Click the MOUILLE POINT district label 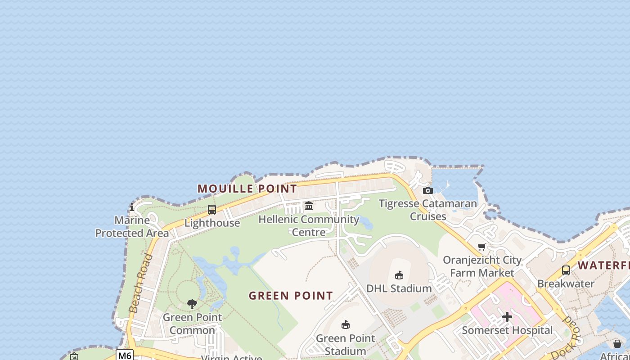(x=247, y=189)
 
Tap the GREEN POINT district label (x=291, y=296)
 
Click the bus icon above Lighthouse (x=212, y=210)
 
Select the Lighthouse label (x=212, y=223)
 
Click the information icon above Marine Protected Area (x=132, y=207)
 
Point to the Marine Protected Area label (x=132, y=227)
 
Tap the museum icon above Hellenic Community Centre (x=309, y=206)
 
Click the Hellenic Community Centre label (x=309, y=225)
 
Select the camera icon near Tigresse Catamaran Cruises (x=428, y=191)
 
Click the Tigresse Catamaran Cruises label (x=427, y=210)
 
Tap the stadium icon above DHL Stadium (x=399, y=275)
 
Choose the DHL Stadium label (x=399, y=288)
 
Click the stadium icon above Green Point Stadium (x=346, y=325)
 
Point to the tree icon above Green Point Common (x=192, y=304)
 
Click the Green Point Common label (x=192, y=324)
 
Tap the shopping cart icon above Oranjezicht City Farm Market (x=482, y=247)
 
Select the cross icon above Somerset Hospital (x=507, y=317)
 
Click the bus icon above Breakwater (x=566, y=270)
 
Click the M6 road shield (x=125, y=355)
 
